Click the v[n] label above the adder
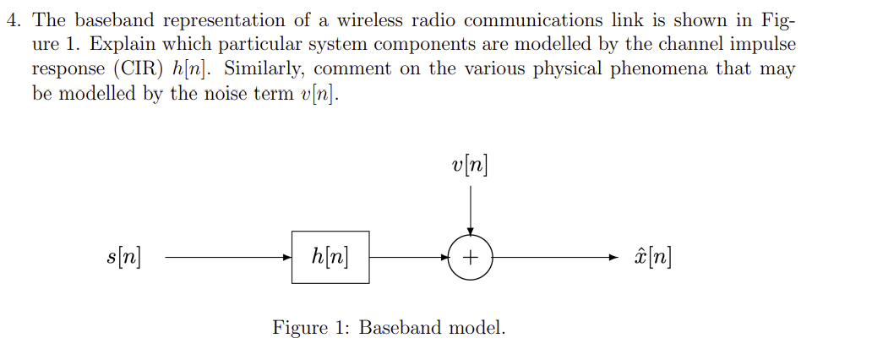point(470,165)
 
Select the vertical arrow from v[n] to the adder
point(471,207)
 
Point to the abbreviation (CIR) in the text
point(135,69)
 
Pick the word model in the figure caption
point(477,328)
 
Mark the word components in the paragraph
point(433,45)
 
